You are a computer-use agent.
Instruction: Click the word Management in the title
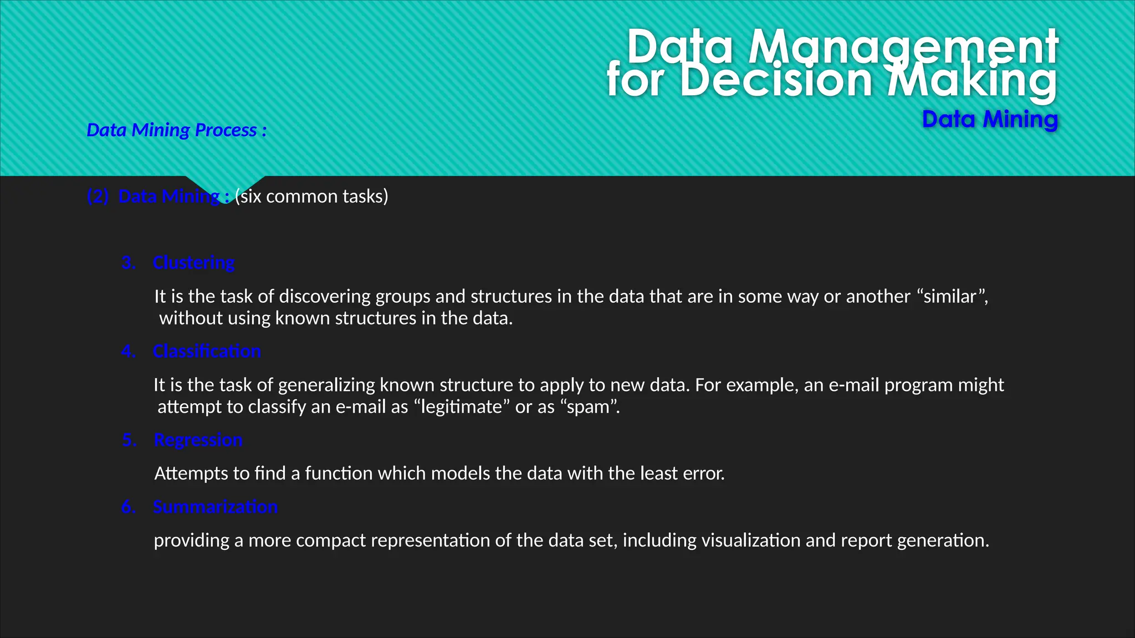pyautogui.click(x=903, y=48)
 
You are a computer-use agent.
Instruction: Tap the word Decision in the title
pyautogui.click(x=776, y=80)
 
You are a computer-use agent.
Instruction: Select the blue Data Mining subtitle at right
pyautogui.click(x=990, y=120)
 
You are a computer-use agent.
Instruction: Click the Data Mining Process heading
pyautogui.click(x=177, y=130)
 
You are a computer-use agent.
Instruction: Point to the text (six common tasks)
pyautogui.click(x=311, y=197)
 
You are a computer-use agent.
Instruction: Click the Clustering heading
pyautogui.click(x=194, y=263)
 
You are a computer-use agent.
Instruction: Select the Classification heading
pyautogui.click(x=207, y=351)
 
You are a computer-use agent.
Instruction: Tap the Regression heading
pyautogui.click(x=198, y=440)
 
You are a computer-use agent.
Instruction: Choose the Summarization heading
pyautogui.click(x=215, y=507)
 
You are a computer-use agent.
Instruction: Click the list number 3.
pyautogui.click(x=129, y=263)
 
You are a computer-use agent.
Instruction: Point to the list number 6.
pyautogui.click(x=129, y=507)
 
